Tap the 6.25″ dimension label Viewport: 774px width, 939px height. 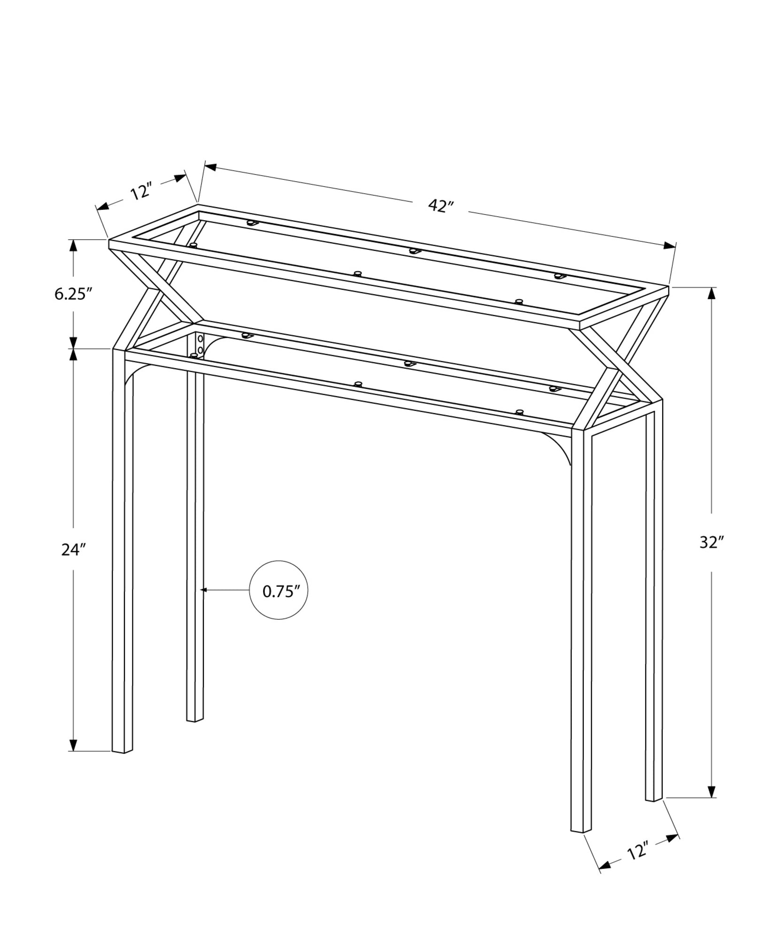(x=72, y=294)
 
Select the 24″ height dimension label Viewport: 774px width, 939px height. (x=72, y=549)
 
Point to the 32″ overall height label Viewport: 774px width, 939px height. (x=712, y=542)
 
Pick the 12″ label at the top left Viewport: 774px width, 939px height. (x=141, y=192)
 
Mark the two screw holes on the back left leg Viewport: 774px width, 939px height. (x=201, y=344)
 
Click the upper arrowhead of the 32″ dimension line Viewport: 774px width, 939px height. (x=712, y=293)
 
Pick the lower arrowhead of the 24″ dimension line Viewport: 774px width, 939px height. (x=73, y=758)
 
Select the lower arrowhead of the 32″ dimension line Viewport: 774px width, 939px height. (x=712, y=791)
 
